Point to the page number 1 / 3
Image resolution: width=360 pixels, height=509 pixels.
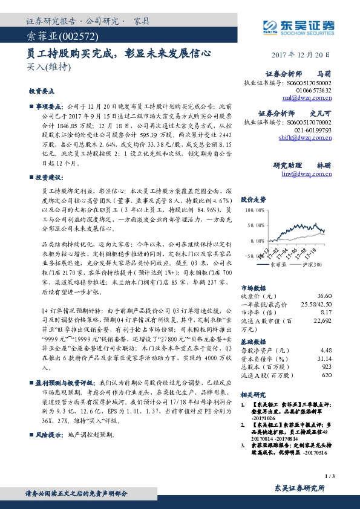pyautogui.click(x=329, y=476)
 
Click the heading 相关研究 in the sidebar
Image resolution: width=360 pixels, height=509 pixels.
pyautogui.click(x=252, y=394)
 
